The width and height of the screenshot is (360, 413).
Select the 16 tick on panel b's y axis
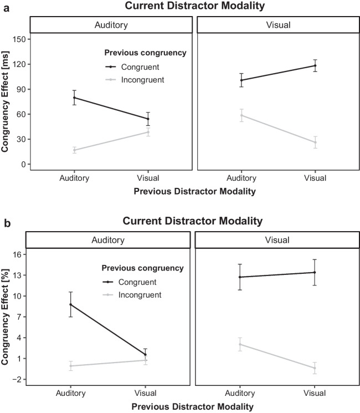[21, 254]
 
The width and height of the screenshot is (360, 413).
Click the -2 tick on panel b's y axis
[21, 379]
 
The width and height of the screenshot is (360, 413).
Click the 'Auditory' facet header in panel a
[110, 25]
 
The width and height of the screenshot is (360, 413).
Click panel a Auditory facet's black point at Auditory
[74, 98]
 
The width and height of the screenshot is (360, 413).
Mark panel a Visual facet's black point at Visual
[315, 65]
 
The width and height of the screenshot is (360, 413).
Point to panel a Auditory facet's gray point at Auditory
[74, 150]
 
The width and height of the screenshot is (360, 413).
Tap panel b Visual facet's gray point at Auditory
[240, 344]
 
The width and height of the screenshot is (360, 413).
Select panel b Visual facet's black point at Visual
[315, 272]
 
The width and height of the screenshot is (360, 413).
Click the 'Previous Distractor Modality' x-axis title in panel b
[193, 406]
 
